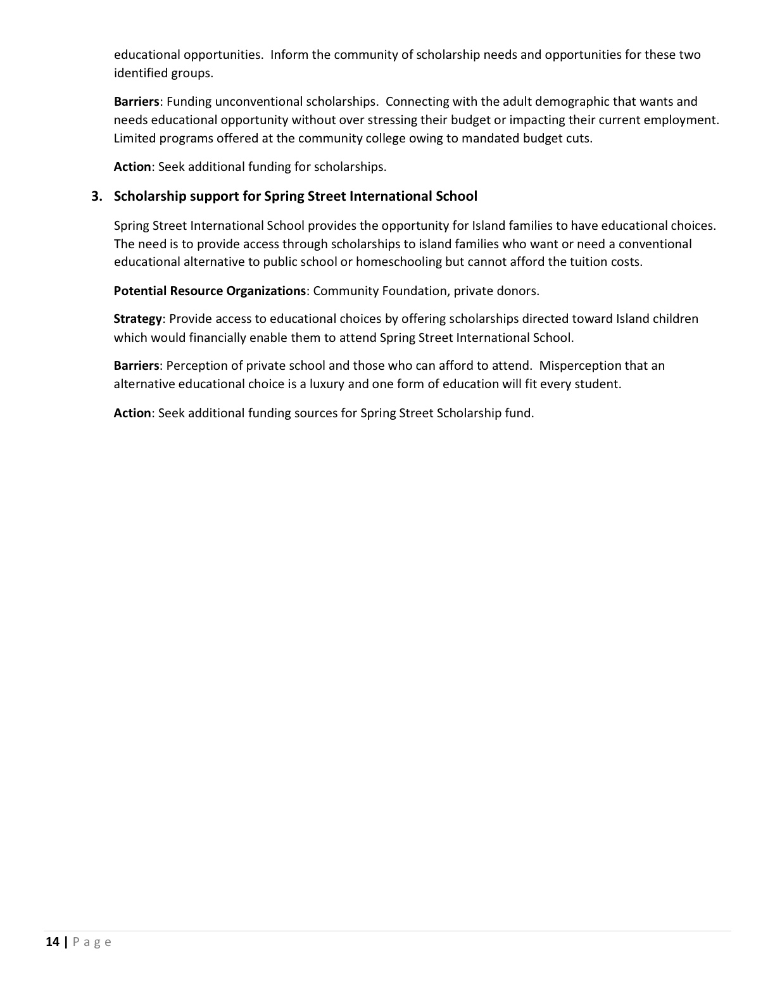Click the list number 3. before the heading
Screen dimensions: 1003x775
pos(97,196)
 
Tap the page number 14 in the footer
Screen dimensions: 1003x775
pos(53,942)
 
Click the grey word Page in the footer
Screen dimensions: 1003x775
pos(92,942)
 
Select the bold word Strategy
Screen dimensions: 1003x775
pos(137,319)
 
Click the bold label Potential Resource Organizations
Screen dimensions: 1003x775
pos(210,291)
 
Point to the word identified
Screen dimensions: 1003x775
pos(141,73)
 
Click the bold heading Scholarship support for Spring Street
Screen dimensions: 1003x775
pos(295,196)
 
